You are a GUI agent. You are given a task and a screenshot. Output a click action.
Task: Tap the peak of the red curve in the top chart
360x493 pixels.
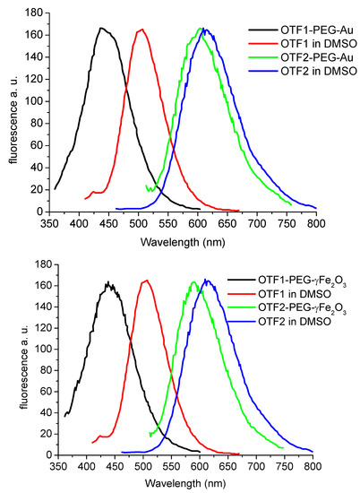(141, 30)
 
